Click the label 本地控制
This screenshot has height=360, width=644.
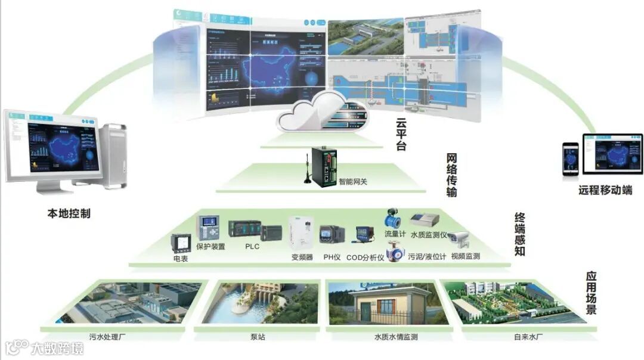(x=69, y=213)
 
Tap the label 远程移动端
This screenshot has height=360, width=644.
(x=605, y=191)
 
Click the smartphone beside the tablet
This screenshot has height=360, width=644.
(x=571, y=160)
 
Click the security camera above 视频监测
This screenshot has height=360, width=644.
(x=459, y=239)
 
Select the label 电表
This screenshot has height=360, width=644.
(x=180, y=259)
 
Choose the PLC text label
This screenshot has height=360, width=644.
(x=252, y=246)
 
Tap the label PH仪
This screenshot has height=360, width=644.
(x=332, y=257)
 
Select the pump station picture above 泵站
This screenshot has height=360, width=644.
(x=260, y=304)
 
